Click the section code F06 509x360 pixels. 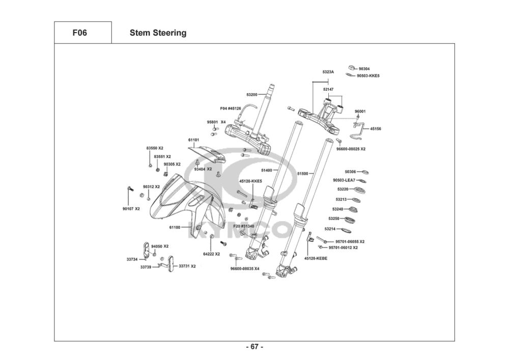pos(80,33)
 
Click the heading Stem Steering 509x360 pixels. pos(158,33)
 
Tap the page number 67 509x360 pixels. pos(254,347)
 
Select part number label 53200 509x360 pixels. pos(252,95)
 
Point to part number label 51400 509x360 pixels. pos(267,170)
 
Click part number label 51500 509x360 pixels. pos(302,174)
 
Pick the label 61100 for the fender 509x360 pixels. pos(175,228)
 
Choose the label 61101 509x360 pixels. pos(193,140)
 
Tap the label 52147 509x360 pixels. pos(328,89)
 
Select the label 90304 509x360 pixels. pos(364,68)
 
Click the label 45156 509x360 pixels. pos(376,129)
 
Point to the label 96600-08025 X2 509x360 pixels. pos(351,149)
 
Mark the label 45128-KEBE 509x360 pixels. pos(316,258)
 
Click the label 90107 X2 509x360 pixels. pos(131,209)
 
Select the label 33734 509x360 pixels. pos(132,259)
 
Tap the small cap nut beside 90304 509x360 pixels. pos(351,67)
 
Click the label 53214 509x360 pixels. pos(330,229)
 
